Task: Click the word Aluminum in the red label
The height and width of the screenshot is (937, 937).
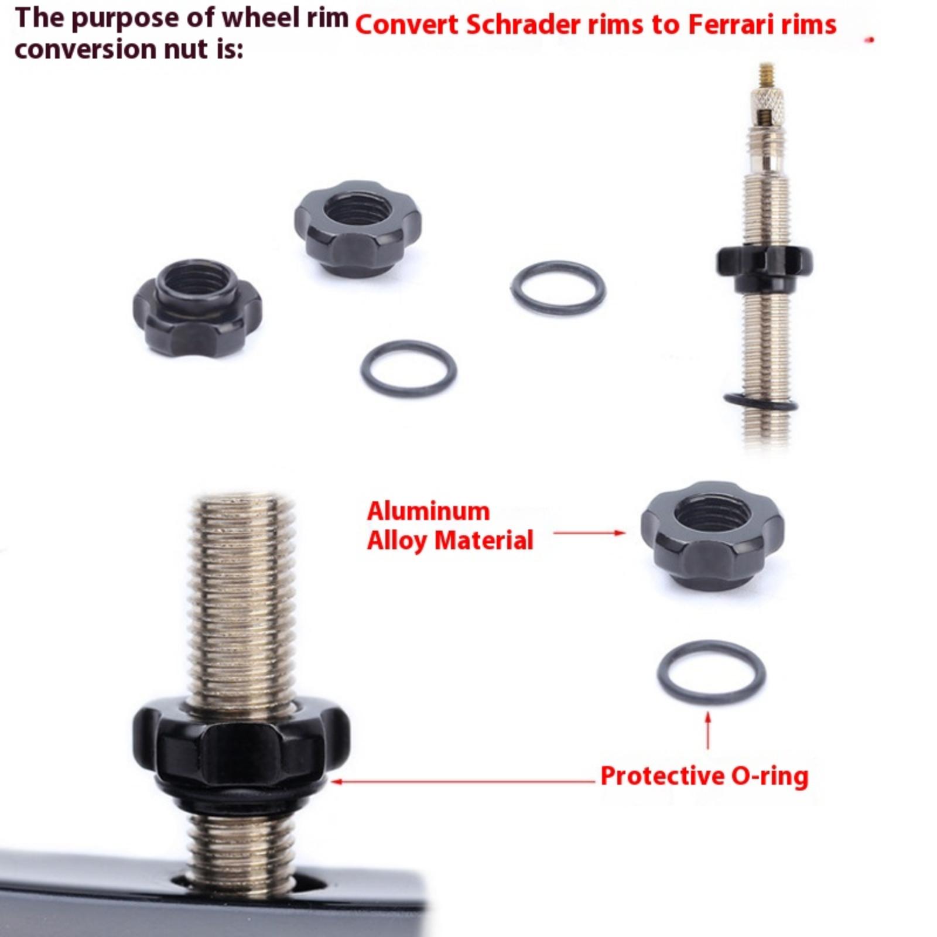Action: [428, 511]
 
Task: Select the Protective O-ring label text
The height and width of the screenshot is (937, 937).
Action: [705, 776]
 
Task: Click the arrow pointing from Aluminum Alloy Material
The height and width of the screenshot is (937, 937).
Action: [589, 533]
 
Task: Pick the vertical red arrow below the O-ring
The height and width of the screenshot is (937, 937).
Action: [708, 730]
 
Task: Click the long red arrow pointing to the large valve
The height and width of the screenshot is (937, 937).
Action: [463, 781]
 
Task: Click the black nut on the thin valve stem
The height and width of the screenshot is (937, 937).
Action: [764, 269]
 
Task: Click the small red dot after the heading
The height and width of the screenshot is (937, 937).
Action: [871, 40]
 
